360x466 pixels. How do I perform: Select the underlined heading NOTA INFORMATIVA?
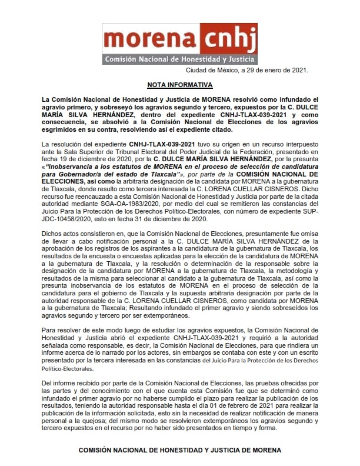click(179, 85)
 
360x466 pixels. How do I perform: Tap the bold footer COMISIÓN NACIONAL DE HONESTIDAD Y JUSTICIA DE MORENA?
click(179, 450)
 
